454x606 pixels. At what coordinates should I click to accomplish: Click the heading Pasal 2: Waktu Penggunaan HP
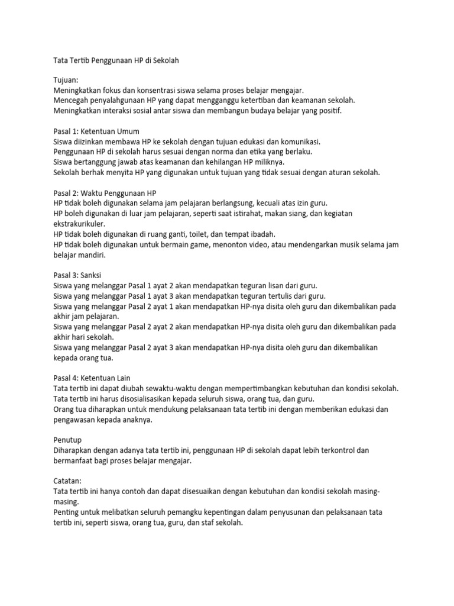(x=100, y=192)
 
